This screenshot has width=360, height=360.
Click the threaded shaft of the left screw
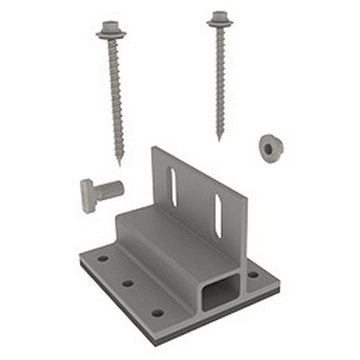[x=115, y=94]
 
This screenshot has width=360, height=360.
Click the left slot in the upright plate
[x=171, y=186]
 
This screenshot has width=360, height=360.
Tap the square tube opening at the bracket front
[x=221, y=288]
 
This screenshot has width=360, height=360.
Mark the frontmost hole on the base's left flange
[x=157, y=312]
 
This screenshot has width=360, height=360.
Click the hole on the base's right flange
[x=253, y=274]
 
